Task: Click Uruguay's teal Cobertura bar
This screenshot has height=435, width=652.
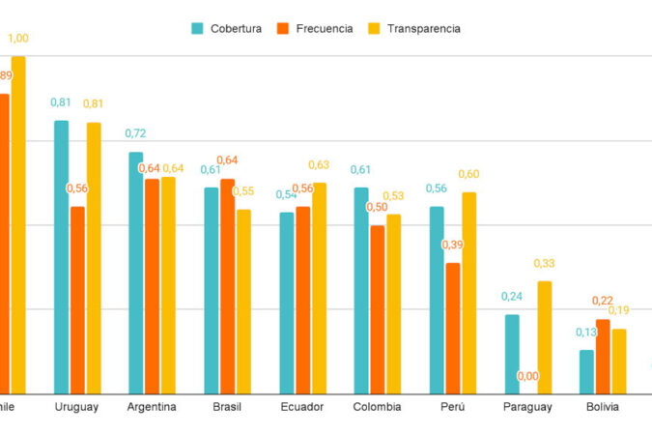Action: [61, 256]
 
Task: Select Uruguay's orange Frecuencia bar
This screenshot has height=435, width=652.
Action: [77, 300]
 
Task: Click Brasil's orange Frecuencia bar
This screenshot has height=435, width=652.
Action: [227, 286]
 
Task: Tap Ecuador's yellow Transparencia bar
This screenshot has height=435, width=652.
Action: [320, 288]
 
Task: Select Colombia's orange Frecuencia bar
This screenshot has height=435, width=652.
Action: [378, 309]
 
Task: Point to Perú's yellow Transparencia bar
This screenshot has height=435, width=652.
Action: [469, 293]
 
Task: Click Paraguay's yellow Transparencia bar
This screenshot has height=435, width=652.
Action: [545, 337]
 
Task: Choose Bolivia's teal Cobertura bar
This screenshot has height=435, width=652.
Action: [586, 371]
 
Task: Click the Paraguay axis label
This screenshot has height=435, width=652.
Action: [527, 407]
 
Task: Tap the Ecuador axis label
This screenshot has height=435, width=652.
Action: [302, 407]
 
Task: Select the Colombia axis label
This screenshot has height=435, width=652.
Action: [377, 407]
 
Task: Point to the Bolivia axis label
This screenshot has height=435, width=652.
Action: [603, 407]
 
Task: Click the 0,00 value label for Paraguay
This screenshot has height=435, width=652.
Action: [528, 376]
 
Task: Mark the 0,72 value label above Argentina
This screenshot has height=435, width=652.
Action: [136, 133]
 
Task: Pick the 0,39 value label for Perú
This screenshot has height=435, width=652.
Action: [452, 245]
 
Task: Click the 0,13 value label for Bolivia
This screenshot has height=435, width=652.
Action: [586, 333]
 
